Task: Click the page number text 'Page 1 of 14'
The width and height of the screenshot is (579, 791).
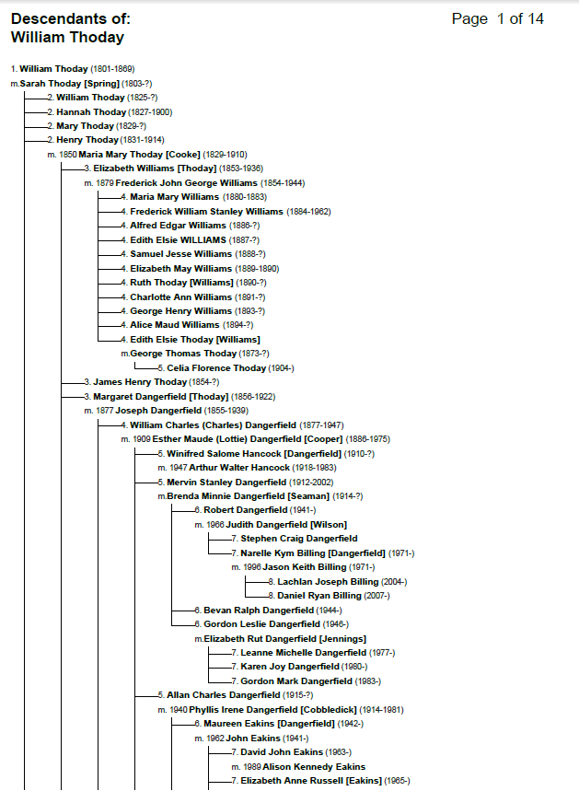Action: (497, 19)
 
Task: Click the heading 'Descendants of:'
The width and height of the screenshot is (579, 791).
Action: (71, 19)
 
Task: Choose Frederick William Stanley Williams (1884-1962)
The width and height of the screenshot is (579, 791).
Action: (230, 211)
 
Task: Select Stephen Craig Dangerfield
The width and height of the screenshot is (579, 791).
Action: (299, 539)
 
